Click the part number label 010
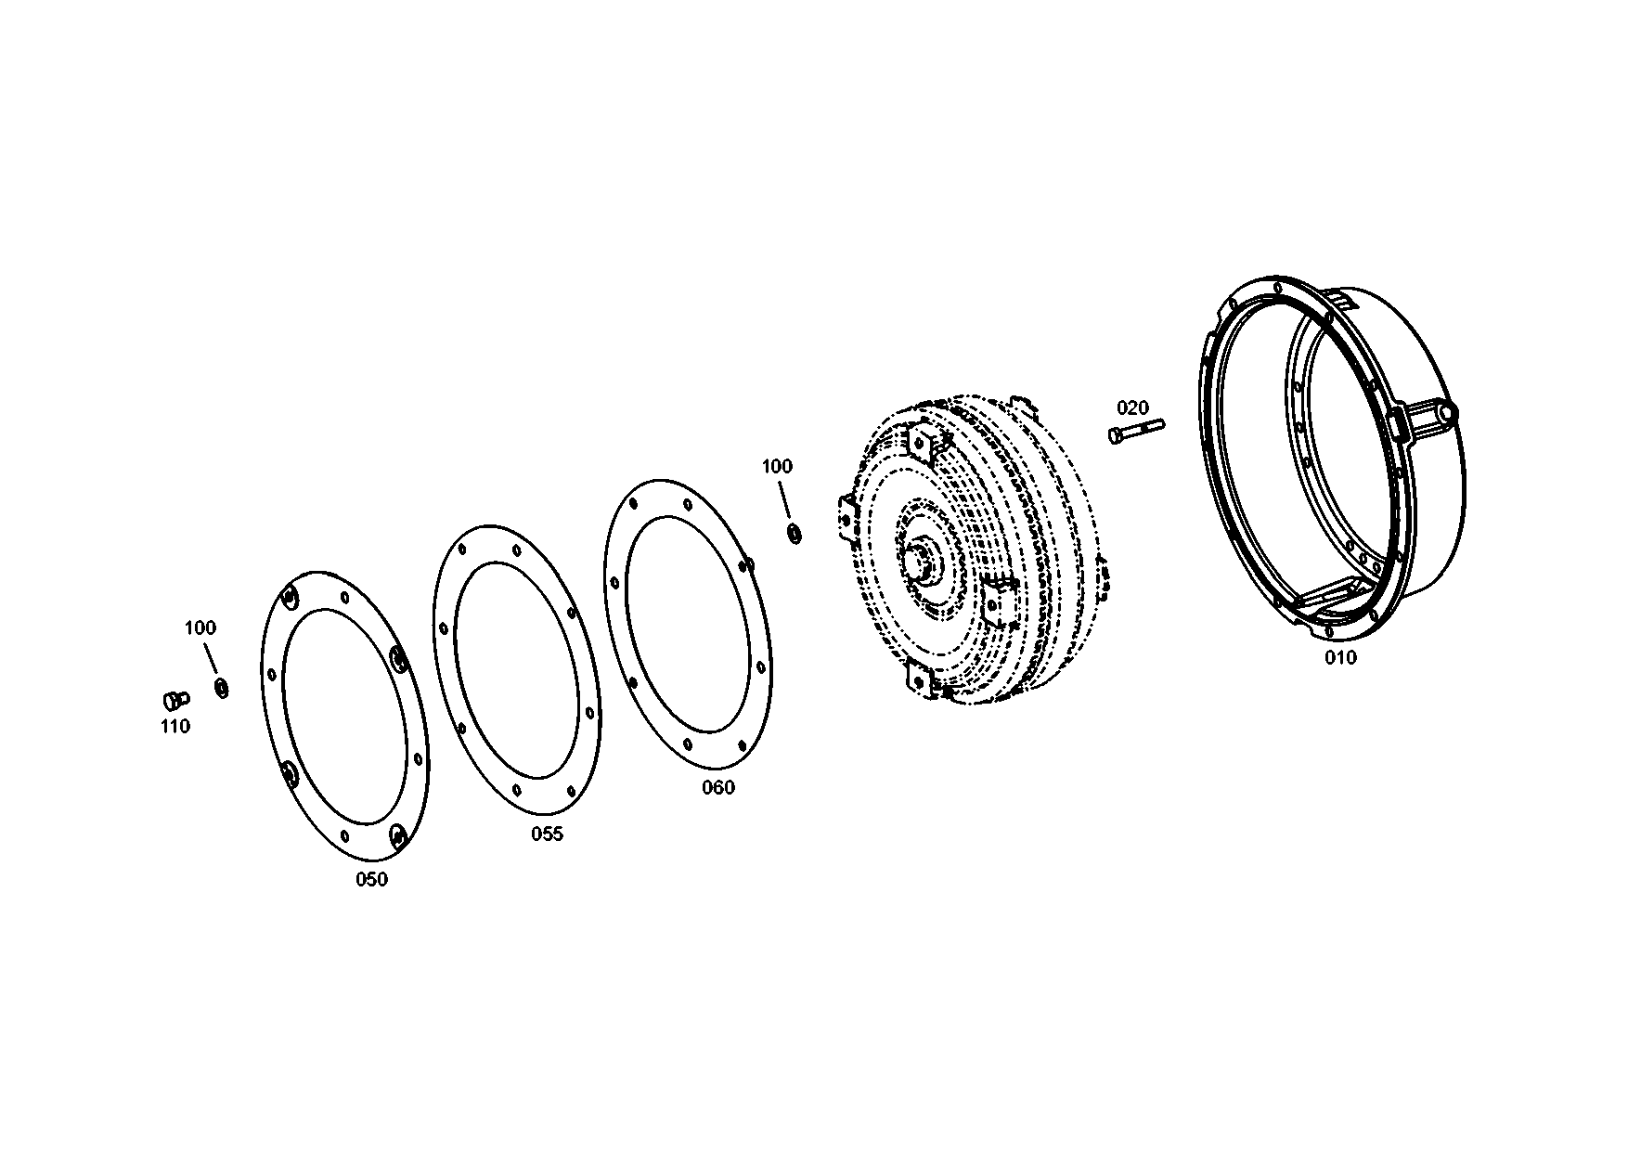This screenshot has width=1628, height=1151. click(1340, 658)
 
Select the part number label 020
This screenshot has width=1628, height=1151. click(1132, 407)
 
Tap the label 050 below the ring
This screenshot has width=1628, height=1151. click(371, 880)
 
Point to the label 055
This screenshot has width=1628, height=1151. click(547, 834)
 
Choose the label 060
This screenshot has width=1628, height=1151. click(717, 788)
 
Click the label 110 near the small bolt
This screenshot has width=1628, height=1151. click(174, 726)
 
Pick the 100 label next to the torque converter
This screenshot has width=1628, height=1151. click(777, 466)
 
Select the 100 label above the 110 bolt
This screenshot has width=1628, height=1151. click(200, 628)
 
